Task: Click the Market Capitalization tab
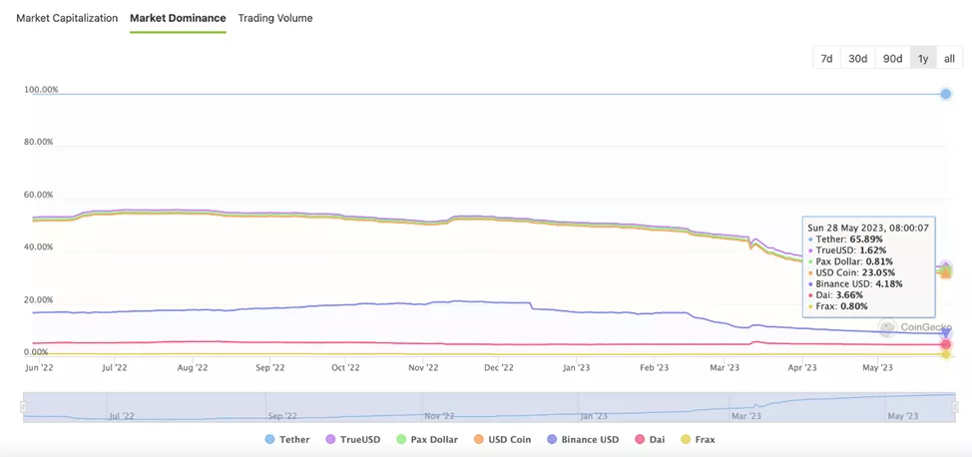pos(67,18)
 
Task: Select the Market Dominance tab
pos(178,18)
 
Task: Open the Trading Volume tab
pos(275,18)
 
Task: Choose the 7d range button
pos(826,59)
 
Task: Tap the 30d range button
pos(857,59)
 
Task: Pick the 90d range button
pos(892,59)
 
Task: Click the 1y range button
pos(923,59)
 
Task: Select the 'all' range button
pos(949,59)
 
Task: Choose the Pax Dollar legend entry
pos(426,439)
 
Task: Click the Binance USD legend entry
pos(583,439)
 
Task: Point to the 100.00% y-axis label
pos(41,90)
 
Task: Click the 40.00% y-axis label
pos(38,247)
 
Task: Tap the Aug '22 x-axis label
pos(192,367)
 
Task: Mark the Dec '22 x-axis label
pos(499,367)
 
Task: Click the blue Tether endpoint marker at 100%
pos(945,94)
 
